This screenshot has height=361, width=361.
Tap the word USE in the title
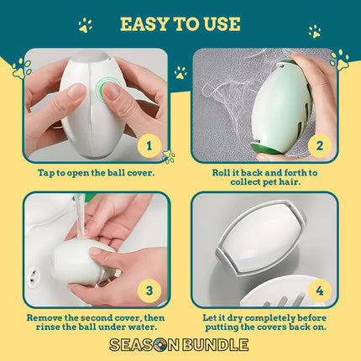[x=222, y=24]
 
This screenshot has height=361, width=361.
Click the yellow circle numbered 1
[x=149, y=146]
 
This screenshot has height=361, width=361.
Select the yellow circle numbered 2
[x=320, y=146]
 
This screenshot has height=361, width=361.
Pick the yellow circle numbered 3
[x=149, y=290]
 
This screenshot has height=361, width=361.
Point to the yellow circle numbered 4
[x=320, y=291]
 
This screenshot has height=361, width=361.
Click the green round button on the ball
[x=106, y=88]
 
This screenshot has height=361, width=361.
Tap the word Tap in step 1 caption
[x=46, y=173]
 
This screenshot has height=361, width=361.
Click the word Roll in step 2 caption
[x=221, y=173]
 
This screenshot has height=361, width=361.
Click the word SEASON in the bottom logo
[x=144, y=345]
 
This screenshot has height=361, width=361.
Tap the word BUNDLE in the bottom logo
[x=215, y=345]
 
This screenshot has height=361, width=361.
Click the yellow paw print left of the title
[x=85, y=25]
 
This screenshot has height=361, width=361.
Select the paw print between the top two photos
[x=180, y=73]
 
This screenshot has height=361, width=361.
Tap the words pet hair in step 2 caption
[x=282, y=182]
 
